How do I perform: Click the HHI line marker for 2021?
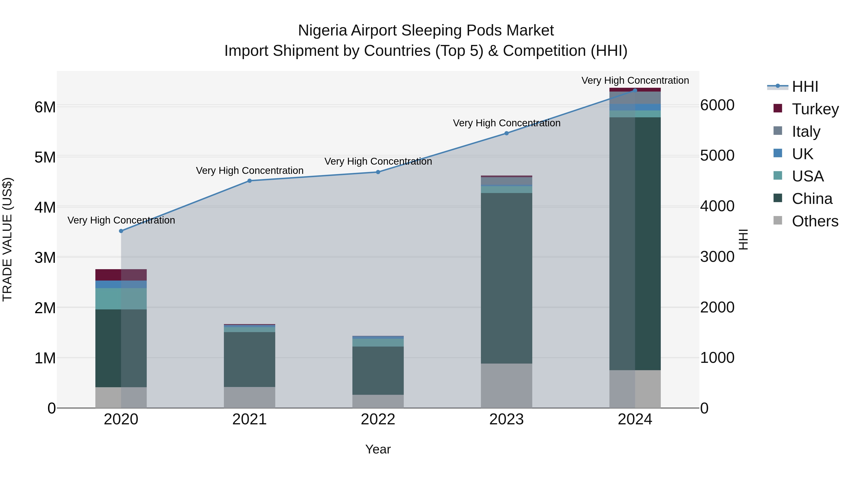pyautogui.click(x=250, y=181)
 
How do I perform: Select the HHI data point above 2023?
pyautogui.click(x=506, y=133)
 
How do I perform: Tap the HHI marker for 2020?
pyautogui.click(x=121, y=231)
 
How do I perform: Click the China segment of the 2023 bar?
pyautogui.click(x=506, y=278)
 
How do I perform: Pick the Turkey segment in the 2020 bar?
pyautogui.click(x=121, y=275)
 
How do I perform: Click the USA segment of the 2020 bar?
pyautogui.click(x=121, y=299)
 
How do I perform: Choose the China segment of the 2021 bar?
pyautogui.click(x=250, y=359)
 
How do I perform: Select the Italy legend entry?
pyautogui.click(x=806, y=131)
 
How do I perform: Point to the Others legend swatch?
pyautogui.click(x=778, y=220)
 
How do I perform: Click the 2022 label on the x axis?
pyautogui.click(x=378, y=419)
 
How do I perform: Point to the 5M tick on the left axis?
pyautogui.click(x=45, y=157)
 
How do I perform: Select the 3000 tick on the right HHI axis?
pyautogui.click(x=717, y=257)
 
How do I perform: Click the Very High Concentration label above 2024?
pyautogui.click(x=635, y=80)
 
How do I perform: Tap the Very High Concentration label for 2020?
pyautogui.click(x=121, y=220)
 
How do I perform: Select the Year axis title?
pyautogui.click(x=378, y=449)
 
